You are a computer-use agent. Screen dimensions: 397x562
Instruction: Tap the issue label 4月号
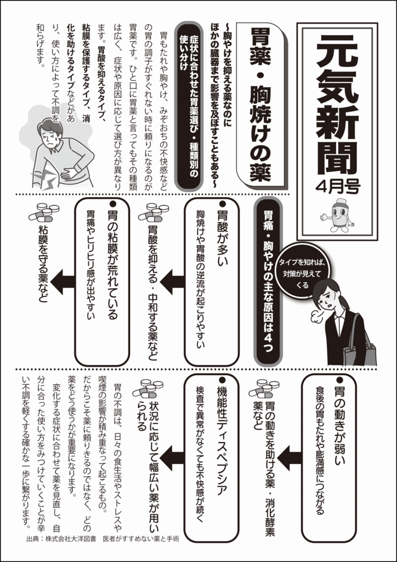338,187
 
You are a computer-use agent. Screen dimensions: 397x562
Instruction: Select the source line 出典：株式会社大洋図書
61,549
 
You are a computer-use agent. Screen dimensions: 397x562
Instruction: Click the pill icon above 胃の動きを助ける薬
263,387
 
